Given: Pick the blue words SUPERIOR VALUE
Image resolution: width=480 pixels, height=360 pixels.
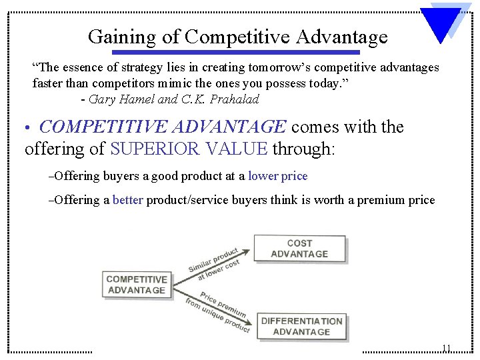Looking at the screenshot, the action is (189, 148).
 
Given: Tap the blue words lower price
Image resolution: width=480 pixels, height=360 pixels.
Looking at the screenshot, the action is (277, 176).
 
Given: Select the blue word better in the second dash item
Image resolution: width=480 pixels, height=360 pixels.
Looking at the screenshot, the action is (128, 200).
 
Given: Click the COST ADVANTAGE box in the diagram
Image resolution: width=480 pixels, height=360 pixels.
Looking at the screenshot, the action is (299, 249).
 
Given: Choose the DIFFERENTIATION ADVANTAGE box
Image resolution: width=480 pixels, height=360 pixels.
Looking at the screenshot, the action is (301, 326).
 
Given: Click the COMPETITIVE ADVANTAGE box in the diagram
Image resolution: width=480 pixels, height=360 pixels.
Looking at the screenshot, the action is (136, 285).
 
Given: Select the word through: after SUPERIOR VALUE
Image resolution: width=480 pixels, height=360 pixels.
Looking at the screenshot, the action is (303, 148).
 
